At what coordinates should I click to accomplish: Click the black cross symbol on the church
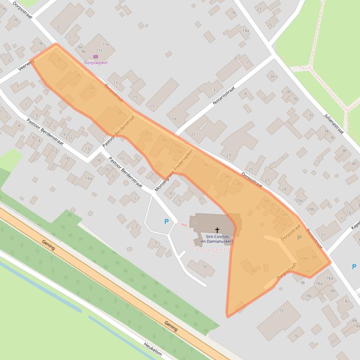217,230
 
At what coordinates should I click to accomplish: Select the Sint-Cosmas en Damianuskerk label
217,239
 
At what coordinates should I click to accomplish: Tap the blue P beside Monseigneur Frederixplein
166,221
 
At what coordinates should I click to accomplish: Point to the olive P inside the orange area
299,238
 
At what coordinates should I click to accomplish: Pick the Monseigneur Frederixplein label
174,171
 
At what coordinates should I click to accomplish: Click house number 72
281,310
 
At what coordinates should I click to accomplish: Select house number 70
204,267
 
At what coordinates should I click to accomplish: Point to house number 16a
89,178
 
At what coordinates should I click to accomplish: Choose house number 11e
106,44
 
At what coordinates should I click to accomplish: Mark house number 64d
304,258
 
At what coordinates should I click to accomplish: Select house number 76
295,336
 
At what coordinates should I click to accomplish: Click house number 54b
284,214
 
